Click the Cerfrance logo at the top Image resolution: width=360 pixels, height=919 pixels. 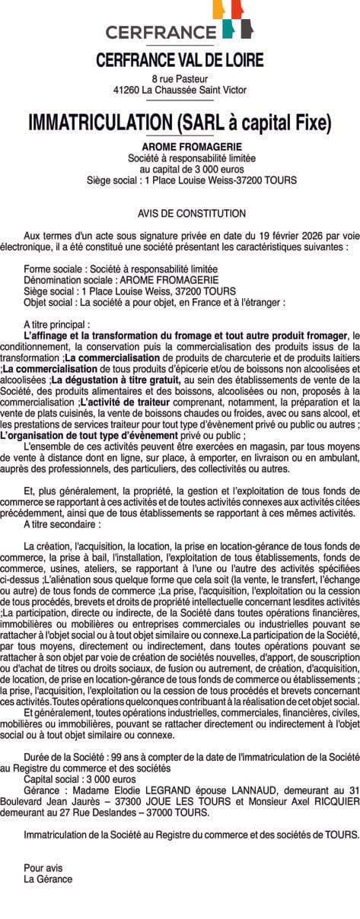point(180,22)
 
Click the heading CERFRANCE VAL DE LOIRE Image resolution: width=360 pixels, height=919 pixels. point(180,60)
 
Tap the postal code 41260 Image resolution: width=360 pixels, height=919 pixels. point(126,90)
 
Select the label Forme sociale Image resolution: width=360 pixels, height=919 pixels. point(55,269)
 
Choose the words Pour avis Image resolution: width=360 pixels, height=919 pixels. point(43,867)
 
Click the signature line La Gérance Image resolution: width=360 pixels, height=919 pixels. point(48,879)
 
